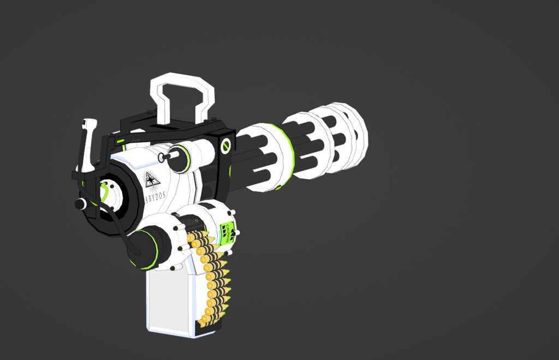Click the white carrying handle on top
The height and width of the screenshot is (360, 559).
[182, 98]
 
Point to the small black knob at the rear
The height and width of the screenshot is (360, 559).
[81, 204]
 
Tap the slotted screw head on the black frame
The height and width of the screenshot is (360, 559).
[225, 145]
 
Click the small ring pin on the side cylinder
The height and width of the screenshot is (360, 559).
[163, 158]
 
